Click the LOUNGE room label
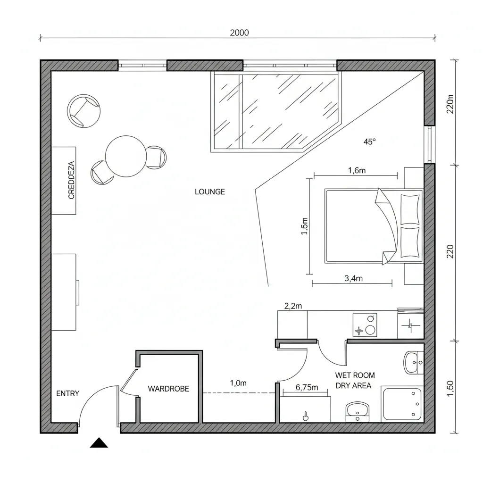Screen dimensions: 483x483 point(210,192)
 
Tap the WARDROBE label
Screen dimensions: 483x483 point(168,389)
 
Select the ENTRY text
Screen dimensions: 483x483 point(67,393)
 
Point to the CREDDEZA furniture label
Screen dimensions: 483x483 point(72,180)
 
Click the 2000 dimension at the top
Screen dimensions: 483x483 point(239,33)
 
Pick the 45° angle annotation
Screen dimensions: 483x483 point(370,142)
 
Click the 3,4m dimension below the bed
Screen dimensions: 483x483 point(353,278)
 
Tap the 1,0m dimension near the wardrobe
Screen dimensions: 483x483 point(238,383)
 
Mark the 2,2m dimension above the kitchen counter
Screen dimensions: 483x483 point(293,306)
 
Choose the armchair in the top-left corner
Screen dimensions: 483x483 point(85,111)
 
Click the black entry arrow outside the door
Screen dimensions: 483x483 point(99,443)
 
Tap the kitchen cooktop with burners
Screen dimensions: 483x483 point(365,325)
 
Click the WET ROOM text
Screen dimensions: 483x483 point(355,375)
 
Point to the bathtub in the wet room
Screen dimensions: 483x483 point(402,404)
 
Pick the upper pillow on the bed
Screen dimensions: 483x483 point(409,209)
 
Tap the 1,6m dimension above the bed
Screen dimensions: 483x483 point(357,171)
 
